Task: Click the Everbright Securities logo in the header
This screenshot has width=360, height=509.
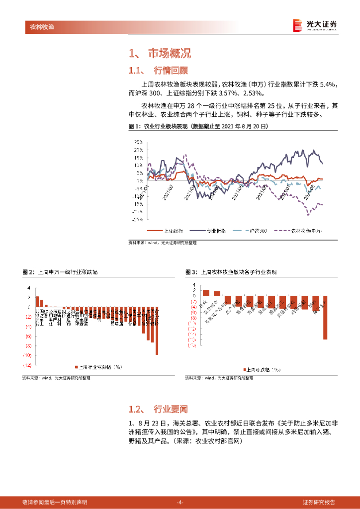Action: pos(315,25)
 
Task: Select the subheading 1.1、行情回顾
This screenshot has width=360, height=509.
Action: pos(158,70)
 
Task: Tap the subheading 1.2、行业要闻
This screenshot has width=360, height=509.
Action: pos(158,409)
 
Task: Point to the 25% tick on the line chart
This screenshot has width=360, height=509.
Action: pos(138,142)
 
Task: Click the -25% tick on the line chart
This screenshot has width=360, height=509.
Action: pos(138,219)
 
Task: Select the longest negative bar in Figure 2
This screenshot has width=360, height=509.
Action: pos(157,331)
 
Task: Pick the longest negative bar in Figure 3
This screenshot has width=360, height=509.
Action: pos(325,318)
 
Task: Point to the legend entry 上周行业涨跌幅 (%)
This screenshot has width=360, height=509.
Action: pos(98,367)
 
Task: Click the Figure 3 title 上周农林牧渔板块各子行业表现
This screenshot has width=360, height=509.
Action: pos(238,272)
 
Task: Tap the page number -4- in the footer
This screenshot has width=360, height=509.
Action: pos(180,502)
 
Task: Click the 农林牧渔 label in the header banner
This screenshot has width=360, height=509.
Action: pos(39,26)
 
